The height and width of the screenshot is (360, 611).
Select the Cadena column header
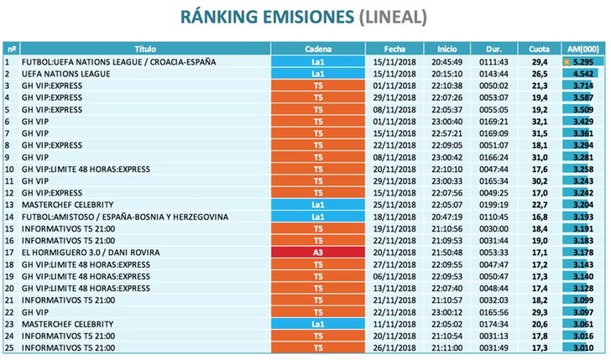click(317, 49)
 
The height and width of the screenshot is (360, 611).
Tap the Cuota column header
click(539, 49)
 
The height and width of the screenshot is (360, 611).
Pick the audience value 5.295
click(585, 61)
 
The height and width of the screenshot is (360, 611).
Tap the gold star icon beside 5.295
click(568, 61)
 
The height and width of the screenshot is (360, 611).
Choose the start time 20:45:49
click(446, 61)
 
